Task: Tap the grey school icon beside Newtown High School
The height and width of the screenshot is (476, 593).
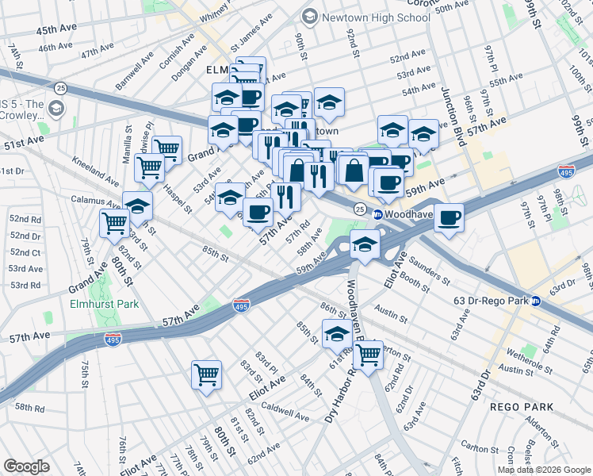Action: pos(310,17)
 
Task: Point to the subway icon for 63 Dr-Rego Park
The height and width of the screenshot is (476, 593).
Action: pos(537,301)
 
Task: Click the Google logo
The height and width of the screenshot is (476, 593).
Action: pos(26,466)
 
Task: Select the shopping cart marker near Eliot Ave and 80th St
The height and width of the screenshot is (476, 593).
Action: pos(206,374)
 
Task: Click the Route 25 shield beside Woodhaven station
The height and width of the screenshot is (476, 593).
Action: pos(360,209)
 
